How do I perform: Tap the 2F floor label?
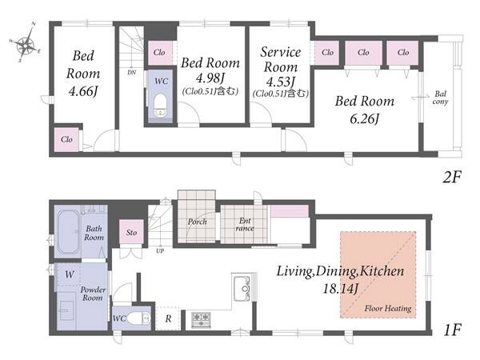[451, 177]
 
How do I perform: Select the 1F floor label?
[452, 330]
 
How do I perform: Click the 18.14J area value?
[341, 288]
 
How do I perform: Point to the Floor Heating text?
[388, 308]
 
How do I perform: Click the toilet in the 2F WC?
[160, 106]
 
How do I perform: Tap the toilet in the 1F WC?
[138, 318]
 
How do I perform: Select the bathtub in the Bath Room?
[69, 232]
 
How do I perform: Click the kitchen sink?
[242, 288]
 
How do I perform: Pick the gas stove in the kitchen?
[201, 319]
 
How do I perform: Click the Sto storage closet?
[131, 232]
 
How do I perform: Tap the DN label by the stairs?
[132, 73]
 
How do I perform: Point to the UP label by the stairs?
[160, 251]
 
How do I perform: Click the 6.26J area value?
[364, 118]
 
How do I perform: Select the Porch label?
[197, 222]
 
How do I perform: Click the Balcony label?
[440, 98]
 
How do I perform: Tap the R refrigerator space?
[168, 318]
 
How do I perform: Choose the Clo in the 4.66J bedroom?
[66, 139]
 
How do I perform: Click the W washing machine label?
[70, 274]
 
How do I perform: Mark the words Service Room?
[281, 59]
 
